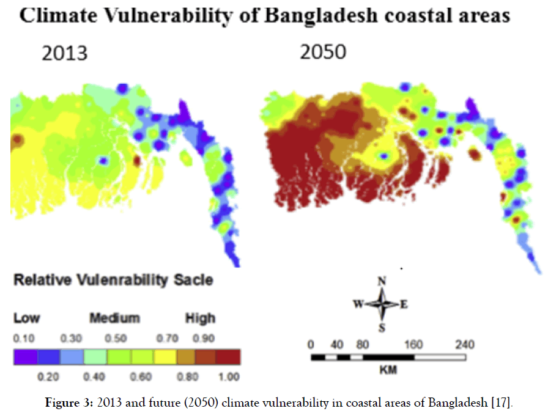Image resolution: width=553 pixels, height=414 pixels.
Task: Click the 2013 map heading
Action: (x=64, y=54)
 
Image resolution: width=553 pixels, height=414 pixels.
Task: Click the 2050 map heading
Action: (x=323, y=53)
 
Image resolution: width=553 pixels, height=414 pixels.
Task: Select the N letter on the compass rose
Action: (x=382, y=281)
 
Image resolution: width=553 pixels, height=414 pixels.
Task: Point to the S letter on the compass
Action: (x=382, y=328)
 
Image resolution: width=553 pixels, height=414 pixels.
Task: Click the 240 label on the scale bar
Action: (x=465, y=344)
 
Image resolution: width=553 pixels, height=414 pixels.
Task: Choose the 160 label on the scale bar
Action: (x=414, y=344)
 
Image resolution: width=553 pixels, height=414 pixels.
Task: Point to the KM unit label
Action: (x=387, y=371)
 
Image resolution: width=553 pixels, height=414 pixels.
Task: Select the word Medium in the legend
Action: (x=114, y=318)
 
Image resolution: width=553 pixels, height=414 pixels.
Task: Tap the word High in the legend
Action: (x=200, y=318)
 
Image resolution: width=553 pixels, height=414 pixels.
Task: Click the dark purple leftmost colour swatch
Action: (x=25, y=357)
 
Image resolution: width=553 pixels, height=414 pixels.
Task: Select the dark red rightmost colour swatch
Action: (x=229, y=357)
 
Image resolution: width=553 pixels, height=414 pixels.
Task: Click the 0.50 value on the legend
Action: (x=116, y=338)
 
